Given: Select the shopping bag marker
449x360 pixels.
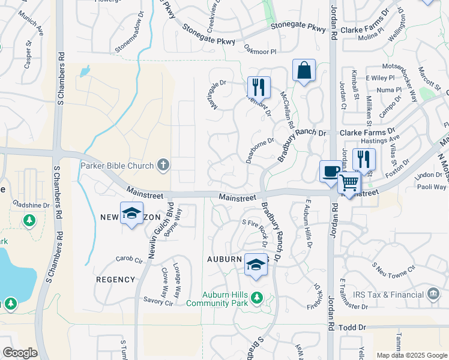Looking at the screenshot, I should [304, 71].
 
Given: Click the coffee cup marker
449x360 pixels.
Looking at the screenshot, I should [330, 172].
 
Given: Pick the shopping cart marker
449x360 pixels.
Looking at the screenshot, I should [349, 183].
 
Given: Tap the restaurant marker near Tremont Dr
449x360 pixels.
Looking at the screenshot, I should [259, 87].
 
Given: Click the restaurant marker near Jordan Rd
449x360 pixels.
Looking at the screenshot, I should [364, 160].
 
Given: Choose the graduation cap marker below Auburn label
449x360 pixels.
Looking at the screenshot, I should [256, 265].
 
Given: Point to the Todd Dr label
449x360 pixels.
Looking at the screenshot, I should [352, 328].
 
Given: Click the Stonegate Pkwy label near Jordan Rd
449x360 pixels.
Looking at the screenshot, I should [298, 26].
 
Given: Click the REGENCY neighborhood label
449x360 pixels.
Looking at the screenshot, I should [115, 280].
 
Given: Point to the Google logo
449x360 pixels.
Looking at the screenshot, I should [20, 353].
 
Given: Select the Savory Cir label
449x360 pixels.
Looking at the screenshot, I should [158, 301].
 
